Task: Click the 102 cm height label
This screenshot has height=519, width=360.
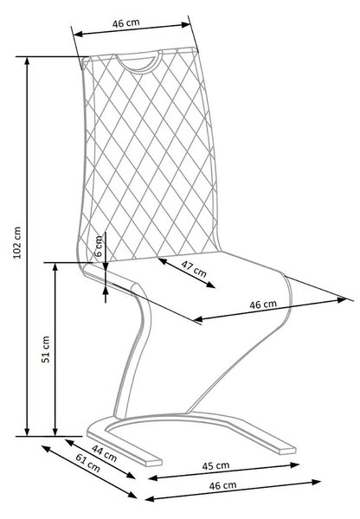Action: [17, 242]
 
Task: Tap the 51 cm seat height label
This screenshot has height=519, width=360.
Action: [46, 349]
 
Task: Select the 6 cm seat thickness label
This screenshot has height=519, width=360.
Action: [99, 247]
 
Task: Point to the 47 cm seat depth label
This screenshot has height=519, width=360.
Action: [194, 268]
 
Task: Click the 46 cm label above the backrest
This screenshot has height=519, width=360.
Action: [126, 22]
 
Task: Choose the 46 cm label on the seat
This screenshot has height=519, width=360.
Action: [263, 304]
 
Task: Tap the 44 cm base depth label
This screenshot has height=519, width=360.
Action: [105, 453]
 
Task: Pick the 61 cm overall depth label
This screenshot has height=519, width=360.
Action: [87, 463]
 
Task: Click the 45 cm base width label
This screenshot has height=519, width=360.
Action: [216, 465]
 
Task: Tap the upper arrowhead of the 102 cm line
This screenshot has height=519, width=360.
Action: [27, 61]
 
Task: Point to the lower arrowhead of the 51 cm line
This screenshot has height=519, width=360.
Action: [55, 431]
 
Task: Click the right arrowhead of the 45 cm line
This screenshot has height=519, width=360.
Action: [295, 465]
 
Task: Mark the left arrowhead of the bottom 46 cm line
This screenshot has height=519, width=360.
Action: [150, 498]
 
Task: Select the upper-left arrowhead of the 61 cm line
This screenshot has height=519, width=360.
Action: [46, 448]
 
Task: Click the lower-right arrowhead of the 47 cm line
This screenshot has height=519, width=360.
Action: [210, 285]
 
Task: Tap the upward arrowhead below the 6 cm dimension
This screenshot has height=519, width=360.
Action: [106, 292]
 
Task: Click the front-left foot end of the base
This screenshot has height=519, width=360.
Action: [153, 462]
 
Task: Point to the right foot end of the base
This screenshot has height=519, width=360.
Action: [287, 450]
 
